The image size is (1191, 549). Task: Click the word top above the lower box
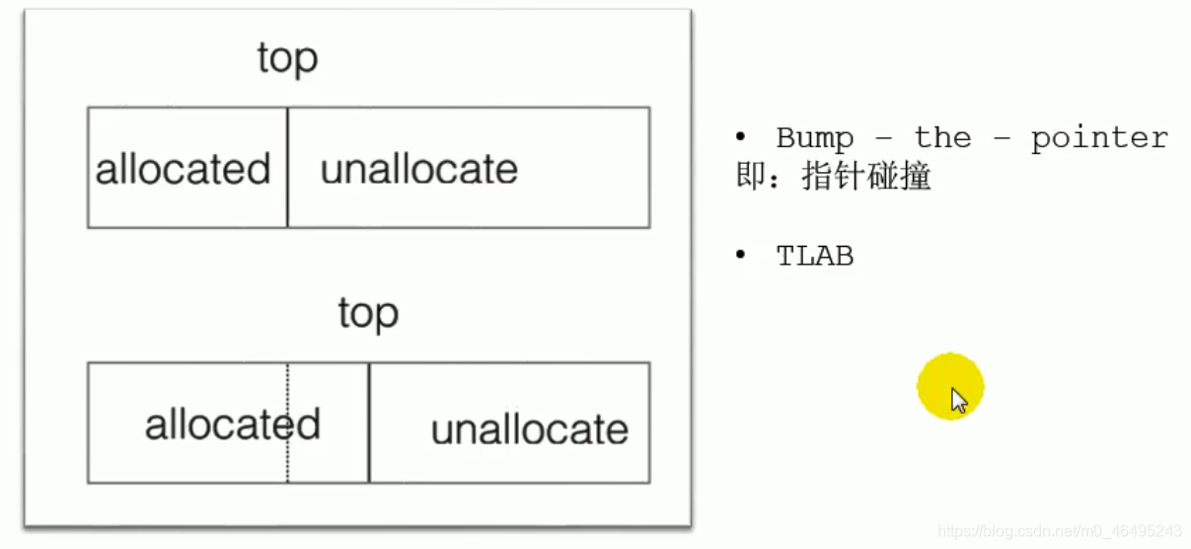[x=368, y=314]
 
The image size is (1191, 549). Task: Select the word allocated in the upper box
[x=183, y=169]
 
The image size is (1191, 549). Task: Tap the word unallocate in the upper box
[x=418, y=169]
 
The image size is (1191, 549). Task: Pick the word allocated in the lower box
[x=233, y=425]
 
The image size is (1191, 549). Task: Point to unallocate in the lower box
[x=530, y=430]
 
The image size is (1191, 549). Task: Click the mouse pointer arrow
[x=958, y=400]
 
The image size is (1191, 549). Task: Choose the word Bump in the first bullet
[x=814, y=138]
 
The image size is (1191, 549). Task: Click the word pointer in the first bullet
[x=1099, y=138]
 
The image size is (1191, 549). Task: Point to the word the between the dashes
[x=942, y=138]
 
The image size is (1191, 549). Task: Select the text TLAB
[x=814, y=257]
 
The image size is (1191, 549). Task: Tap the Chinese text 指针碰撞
[x=866, y=178]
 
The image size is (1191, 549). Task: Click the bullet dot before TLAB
[x=741, y=256]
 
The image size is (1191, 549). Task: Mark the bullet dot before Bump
[x=741, y=137]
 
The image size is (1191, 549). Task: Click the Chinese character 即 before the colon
[x=749, y=178]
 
